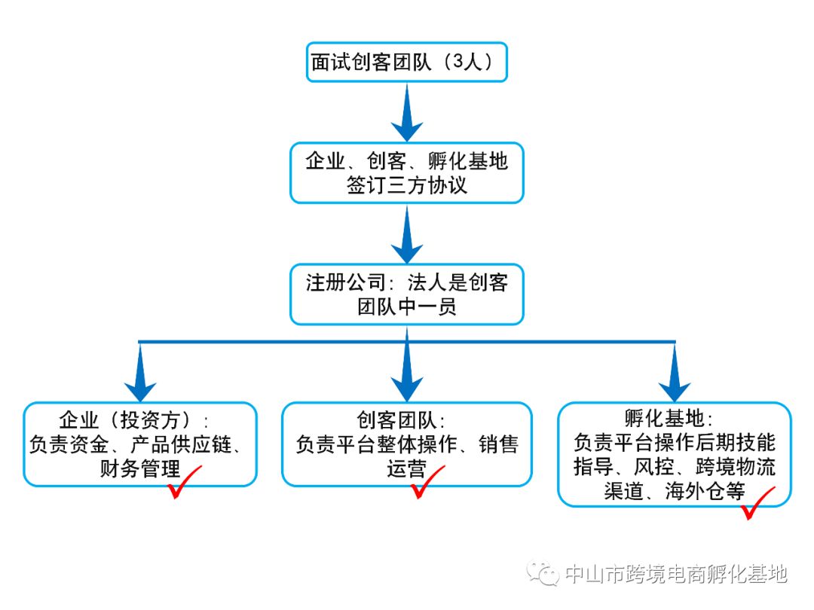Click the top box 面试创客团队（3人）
pos(407,62)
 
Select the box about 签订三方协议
pos(407,172)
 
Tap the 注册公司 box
pos(407,294)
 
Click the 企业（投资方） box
pos(140,444)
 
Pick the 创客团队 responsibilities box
pos(407,444)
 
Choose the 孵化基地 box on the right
pos(674,453)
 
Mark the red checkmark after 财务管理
pos(183,483)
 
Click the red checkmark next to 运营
pos(427,483)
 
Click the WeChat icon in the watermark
pos(543,575)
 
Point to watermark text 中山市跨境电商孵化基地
pos(676,575)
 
